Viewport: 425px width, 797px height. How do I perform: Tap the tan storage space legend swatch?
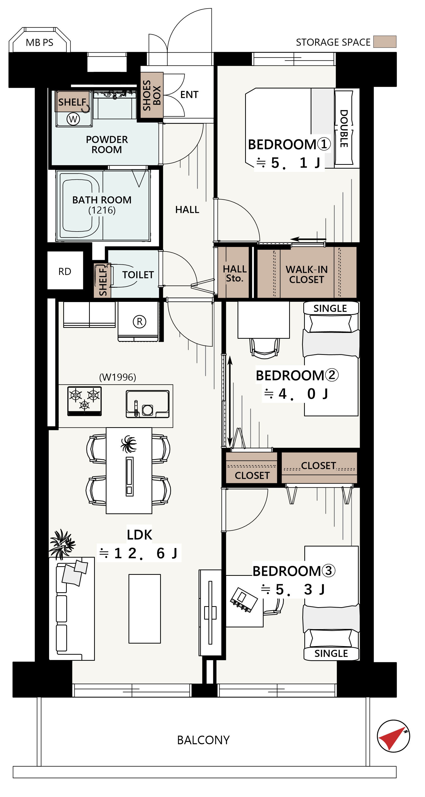385,42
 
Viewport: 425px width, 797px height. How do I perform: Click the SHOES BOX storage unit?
152,95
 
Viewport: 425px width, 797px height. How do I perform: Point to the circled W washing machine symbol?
73,119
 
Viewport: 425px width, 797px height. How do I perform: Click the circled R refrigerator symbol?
139,322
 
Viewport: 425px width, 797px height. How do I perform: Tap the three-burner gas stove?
84,401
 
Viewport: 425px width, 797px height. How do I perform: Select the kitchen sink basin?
148,404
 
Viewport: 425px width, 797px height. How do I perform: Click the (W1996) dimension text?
118,377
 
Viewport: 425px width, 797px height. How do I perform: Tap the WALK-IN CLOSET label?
306,275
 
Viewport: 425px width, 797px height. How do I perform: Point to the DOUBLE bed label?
344,128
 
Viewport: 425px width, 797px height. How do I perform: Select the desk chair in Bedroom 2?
265,348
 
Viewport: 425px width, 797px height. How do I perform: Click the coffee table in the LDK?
144,609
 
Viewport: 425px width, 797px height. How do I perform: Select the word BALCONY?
203,740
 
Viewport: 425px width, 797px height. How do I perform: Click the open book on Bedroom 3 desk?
244,600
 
